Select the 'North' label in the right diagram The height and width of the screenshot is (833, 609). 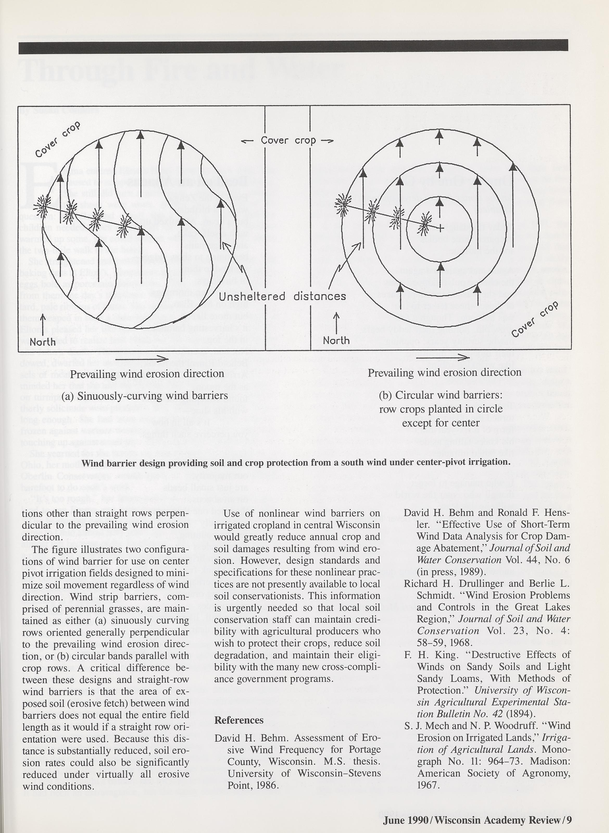336,340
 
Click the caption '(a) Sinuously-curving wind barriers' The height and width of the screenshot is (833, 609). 145,396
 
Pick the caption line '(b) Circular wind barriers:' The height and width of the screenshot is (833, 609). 441,395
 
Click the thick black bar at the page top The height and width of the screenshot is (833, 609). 293,46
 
